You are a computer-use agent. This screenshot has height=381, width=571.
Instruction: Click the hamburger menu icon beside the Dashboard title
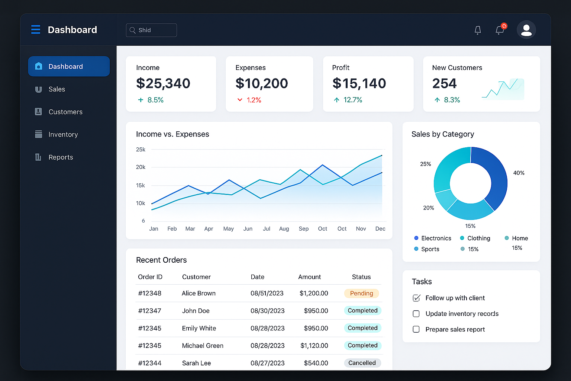click(x=36, y=29)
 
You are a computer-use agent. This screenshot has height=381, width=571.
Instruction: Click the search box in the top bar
click(x=151, y=30)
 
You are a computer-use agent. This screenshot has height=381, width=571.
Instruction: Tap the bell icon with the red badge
click(x=500, y=30)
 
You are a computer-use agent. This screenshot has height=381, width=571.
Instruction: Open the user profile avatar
click(x=526, y=30)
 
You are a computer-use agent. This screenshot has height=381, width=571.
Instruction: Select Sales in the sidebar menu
click(x=57, y=89)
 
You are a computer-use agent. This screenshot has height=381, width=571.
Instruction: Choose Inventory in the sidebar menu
click(x=63, y=135)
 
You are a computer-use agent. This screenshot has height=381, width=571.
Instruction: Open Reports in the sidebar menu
click(x=61, y=157)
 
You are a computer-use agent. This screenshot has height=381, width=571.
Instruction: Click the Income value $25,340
click(x=163, y=83)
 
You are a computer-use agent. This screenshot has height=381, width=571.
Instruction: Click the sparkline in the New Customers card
click(x=503, y=89)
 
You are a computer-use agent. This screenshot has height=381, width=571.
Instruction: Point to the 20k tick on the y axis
click(x=141, y=167)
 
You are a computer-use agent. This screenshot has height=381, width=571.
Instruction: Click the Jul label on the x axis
click(x=267, y=229)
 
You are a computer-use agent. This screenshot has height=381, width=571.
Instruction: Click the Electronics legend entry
click(x=433, y=238)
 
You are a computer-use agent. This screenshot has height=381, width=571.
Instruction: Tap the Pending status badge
click(x=361, y=294)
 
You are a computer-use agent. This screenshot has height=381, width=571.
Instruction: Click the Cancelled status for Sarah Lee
click(x=362, y=363)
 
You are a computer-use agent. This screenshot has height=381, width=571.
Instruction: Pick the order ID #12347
click(x=150, y=311)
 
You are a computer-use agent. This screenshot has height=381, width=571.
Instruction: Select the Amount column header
click(x=309, y=277)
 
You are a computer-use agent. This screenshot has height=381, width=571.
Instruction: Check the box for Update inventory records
click(x=416, y=314)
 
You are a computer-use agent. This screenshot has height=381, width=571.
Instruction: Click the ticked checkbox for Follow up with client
click(x=416, y=298)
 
